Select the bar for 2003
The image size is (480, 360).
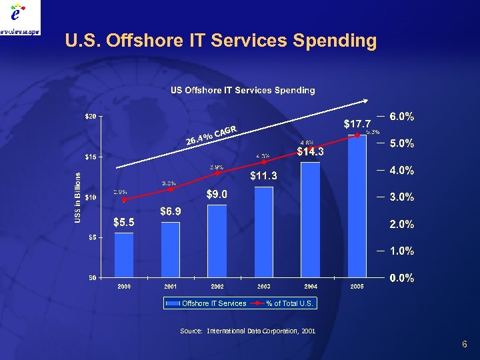[264, 232]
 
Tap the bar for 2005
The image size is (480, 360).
[357, 207]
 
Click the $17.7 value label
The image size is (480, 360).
[357, 123]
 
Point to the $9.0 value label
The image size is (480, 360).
[217, 194]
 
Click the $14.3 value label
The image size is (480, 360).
[311, 152]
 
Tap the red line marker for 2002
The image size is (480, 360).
[217, 173]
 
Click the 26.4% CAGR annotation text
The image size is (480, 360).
[211, 135]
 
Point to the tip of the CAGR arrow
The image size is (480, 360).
[368, 101]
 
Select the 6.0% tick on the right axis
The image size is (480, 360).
[402, 117]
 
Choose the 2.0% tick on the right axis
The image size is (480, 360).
[402, 224]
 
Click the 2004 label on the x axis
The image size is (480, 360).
[310, 286]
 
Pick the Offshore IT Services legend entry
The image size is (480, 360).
[206, 303]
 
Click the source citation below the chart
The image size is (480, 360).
[247, 331]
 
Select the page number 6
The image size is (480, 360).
[464, 344]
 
